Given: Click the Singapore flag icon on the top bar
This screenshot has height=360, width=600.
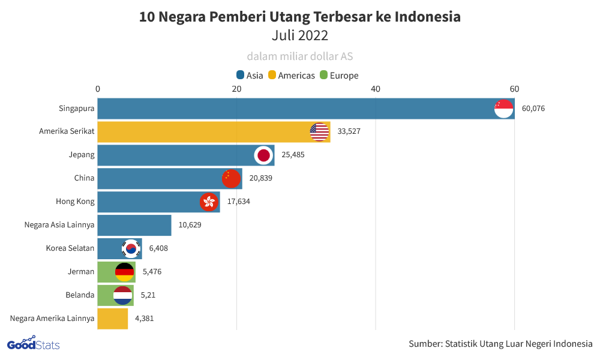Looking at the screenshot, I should coord(503,109).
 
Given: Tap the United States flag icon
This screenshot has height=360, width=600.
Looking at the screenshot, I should coord(319,131).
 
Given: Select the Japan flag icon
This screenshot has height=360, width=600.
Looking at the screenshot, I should coord(263,155).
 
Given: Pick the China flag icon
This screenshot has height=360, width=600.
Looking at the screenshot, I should coord(231,178).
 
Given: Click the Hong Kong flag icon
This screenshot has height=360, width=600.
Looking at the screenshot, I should coord(209,202).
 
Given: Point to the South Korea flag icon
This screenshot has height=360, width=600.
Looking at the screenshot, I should coord(131,248).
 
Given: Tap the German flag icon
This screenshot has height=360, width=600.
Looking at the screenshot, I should coord(124,272).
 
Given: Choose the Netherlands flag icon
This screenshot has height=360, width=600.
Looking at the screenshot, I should coord(122,295).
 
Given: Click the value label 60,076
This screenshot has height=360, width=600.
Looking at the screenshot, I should coord(533,109).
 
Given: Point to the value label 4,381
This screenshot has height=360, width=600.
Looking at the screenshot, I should coord(145,319).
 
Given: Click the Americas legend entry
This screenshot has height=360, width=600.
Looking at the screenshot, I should coord(291,76).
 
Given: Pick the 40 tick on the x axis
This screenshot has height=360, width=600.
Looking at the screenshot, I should coord(376,89).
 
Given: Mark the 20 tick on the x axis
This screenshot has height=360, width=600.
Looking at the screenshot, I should coord(237,89).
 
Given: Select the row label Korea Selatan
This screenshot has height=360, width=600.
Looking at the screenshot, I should coord(70,248).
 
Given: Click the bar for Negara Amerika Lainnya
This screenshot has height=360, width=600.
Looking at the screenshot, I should coord(113,319).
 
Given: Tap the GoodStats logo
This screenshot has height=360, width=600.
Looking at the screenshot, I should coord(33,344).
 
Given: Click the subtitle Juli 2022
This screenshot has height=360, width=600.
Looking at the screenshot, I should coord(300,35).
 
